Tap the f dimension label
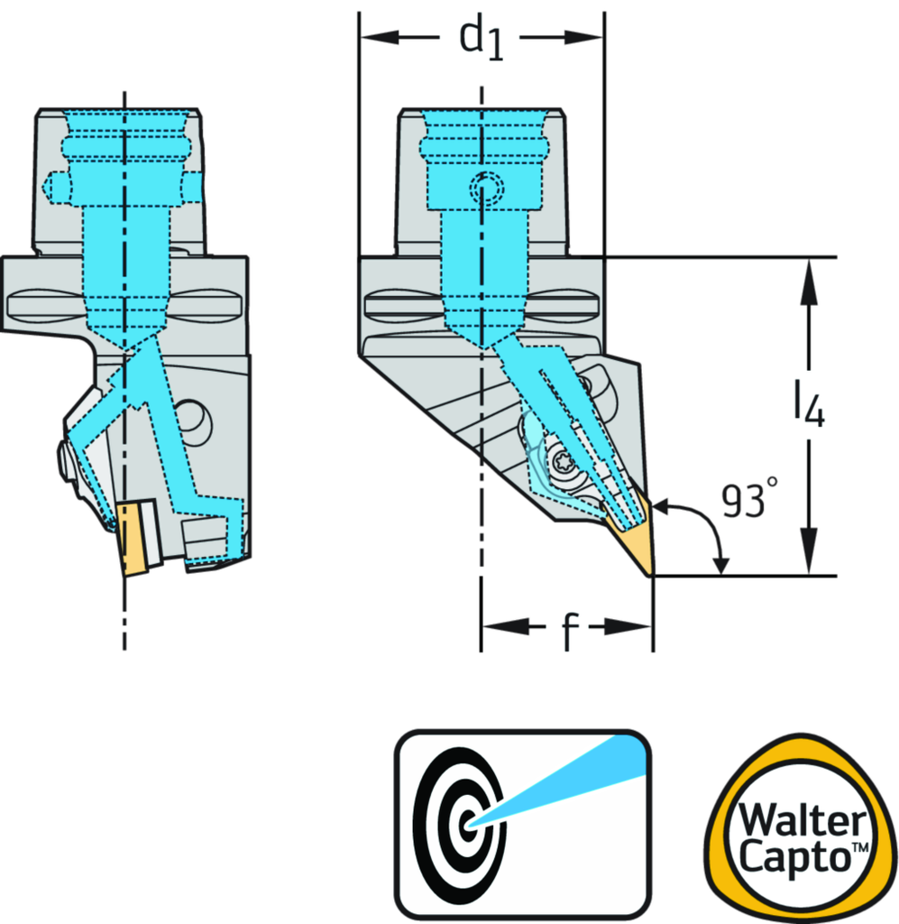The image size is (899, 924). [x=567, y=629]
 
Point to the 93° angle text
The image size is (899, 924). [x=748, y=501]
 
